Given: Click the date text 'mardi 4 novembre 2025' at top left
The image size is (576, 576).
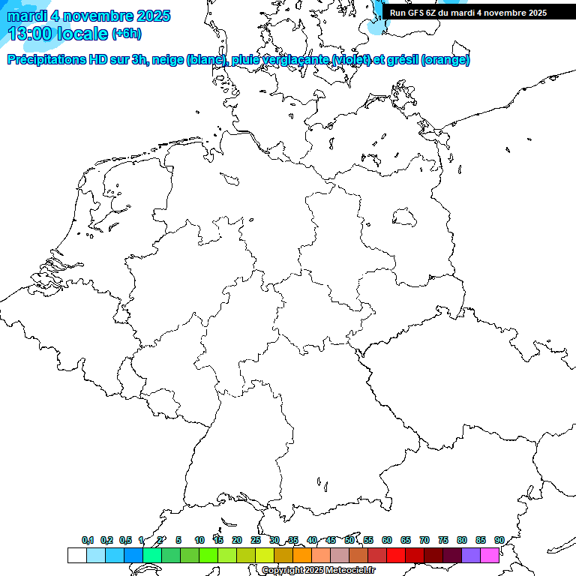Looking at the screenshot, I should pyautogui.click(x=88, y=16).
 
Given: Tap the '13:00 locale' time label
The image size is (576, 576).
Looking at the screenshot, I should pyautogui.click(x=58, y=34).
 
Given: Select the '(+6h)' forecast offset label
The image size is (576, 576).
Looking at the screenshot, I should pyautogui.click(x=127, y=34).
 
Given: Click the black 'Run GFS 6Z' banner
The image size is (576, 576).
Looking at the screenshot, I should pyautogui.click(x=468, y=12).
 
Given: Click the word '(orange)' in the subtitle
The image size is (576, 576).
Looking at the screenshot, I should pyautogui.click(x=446, y=60).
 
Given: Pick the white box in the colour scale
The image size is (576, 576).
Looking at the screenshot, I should pyautogui.click(x=76, y=555).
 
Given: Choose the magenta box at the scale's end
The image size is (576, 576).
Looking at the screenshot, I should pyautogui.click(x=490, y=555).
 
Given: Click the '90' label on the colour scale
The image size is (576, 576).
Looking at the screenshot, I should pyautogui.click(x=499, y=540).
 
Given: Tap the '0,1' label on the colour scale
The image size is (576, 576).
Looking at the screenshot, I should pyautogui.click(x=88, y=540).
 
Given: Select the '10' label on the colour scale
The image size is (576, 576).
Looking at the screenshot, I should pyautogui.click(x=199, y=540).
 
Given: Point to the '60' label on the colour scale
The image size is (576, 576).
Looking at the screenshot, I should pyautogui.click(x=387, y=540).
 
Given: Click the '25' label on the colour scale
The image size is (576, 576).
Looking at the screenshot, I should pyautogui.click(x=256, y=540).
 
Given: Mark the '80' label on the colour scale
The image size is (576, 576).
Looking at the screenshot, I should pyautogui.click(x=462, y=540).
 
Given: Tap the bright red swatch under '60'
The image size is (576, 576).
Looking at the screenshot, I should pyautogui.click(x=396, y=555).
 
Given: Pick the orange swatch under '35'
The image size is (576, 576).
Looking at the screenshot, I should pyautogui.click(x=302, y=555).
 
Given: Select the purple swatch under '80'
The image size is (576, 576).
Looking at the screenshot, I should pyautogui.click(x=471, y=555).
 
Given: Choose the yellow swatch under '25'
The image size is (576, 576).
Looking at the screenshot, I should pyautogui.click(x=265, y=555).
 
